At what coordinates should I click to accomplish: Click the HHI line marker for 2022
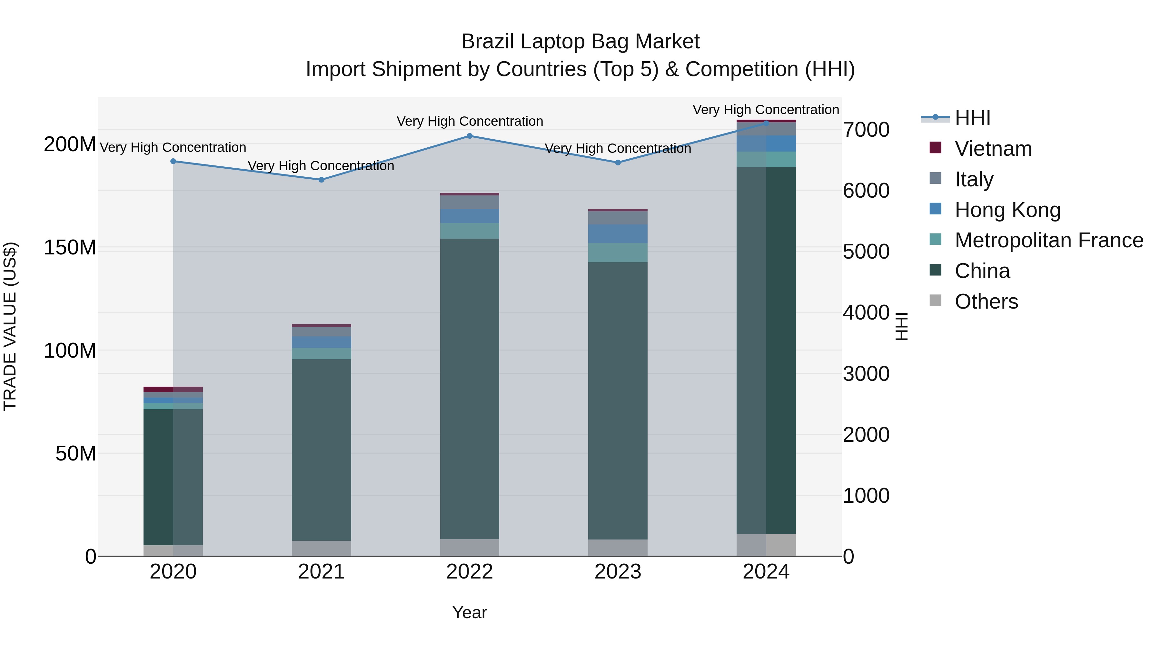tap(470, 136)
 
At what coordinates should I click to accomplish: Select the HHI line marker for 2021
tap(321, 180)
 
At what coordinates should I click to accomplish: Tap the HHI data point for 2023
tap(618, 163)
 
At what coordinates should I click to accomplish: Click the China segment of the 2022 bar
tap(470, 388)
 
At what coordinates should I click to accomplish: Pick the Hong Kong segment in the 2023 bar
tap(618, 234)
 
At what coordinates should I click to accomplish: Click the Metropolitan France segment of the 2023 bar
tap(618, 253)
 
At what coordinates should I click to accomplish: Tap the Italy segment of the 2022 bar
tap(470, 202)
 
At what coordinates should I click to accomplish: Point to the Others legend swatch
tap(935, 301)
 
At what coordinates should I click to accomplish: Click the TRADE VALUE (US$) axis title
tap(10, 326)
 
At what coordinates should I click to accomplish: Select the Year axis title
tap(470, 612)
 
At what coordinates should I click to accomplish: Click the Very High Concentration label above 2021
tap(321, 166)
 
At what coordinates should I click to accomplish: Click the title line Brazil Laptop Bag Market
tap(580, 42)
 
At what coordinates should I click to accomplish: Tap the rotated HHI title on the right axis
tap(901, 326)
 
